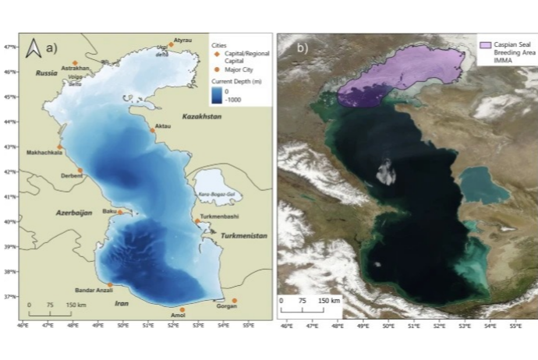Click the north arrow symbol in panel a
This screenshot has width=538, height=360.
[x=33, y=48]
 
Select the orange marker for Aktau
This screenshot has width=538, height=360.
[x=153, y=130]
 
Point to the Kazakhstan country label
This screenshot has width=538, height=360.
[x=202, y=116]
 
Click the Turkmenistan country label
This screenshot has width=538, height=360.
[x=243, y=235]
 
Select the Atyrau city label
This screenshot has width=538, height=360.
[x=182, y=40]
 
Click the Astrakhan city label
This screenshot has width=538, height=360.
[x=76, y=69]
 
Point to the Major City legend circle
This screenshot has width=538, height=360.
[x=216, y=69]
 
